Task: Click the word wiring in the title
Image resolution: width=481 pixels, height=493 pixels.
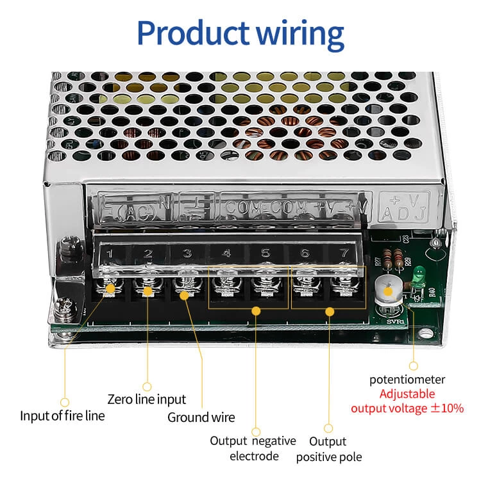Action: [x=300, y=33]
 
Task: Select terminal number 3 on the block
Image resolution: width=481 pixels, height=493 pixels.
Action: [x=187, y=253]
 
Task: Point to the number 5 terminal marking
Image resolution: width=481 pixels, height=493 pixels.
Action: [x=266, y=253]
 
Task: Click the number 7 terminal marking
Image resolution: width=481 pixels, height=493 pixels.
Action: [x=344, y=253]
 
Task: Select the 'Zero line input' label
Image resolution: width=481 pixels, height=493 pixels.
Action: [x=147, y=400]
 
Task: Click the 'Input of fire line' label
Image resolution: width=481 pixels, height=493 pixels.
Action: [x=62, y=416]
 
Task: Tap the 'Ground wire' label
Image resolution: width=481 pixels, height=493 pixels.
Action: [x=201, y=417]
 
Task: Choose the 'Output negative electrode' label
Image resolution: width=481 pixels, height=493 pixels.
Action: [x=254, y=448]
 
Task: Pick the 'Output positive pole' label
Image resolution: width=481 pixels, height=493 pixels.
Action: [x=328, y=449]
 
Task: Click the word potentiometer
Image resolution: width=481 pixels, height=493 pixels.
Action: [x=407, y=380]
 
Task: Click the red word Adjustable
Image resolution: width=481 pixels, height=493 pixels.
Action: [x=407, y=394]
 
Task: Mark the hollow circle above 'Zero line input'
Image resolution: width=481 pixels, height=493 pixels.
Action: [x=147, y=386]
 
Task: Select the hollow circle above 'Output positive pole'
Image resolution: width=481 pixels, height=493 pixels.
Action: [x=328, y=428]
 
